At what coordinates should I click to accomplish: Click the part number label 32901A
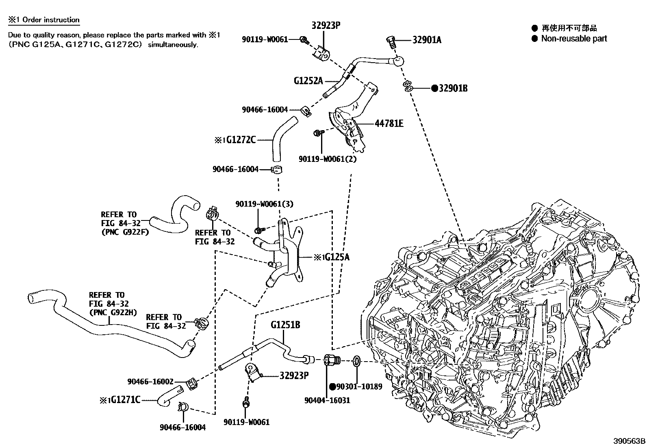pyautogui.click(x=427, y=40)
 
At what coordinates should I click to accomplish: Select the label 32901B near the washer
pyautogui.click(x=453, y=88)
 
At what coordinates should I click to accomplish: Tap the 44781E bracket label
pyautogui.click(x=389, y=123)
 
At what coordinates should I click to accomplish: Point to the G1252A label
pyautogui.click(x=308, y=81)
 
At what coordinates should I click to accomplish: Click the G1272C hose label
pyautogui.click(x=241, y=140)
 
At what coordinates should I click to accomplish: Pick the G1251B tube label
pyautogui.click(x=286, y=325)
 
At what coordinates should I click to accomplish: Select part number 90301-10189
pyautogui.click(x=359, y=386)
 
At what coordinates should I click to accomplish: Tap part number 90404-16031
pyautogui.click(x=327, y=400)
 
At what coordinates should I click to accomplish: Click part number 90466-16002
pyautogui.click(x=150, y=382)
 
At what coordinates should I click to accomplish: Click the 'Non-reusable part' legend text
pyautogui.click(x=574, y=39)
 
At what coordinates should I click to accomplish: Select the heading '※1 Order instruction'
pyautogui.click(x=44, y=20)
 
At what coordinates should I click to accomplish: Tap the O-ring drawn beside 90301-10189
pyautogui.click(x=356, y=361)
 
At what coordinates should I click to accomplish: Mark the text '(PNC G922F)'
pyautogui.click(x=125, y=232)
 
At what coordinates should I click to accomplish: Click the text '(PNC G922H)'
pyautogui.click(x=113, y=312)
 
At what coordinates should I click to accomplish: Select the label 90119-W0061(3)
pyautogui.click(x=264, y=204)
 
